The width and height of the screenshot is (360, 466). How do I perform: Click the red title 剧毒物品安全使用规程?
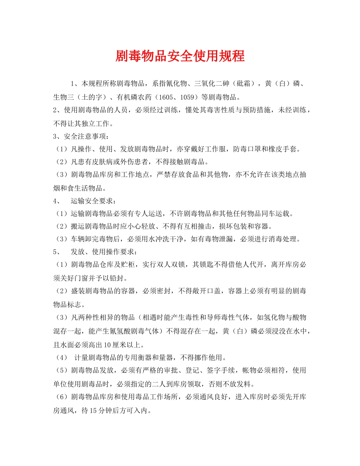180,56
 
